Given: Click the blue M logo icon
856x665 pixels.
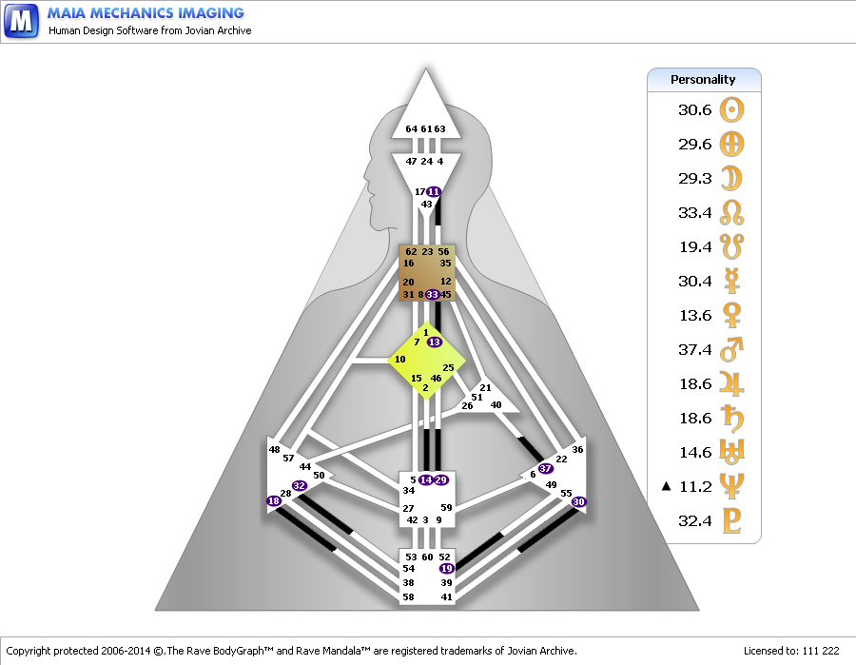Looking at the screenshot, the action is pos(21,21).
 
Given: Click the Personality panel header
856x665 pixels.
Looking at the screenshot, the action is pos(704,80).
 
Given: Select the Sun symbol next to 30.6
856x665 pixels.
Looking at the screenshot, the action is pos(731,109).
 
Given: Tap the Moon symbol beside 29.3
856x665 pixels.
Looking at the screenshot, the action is pos(731,179).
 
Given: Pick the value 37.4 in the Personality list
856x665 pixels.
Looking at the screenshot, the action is pos(695,349).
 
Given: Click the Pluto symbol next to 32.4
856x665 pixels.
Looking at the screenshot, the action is pos(732,520).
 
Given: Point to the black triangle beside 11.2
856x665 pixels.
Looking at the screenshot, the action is pos(666,486).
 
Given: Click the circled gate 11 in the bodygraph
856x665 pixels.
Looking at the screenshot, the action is pos(434,191).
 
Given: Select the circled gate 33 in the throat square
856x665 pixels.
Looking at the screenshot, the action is pos(433,295).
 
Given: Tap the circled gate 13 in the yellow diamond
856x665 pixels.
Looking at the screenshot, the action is pos(435,342).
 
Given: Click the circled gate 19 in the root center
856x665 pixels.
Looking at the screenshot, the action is pos(447,568).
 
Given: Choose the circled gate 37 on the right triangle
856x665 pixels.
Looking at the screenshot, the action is pos(545,468).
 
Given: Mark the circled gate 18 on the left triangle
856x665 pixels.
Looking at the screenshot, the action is pos(274,500).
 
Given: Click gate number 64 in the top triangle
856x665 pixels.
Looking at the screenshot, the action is pos(412,128).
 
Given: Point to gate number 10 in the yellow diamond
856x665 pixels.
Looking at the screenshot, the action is pos(400,360).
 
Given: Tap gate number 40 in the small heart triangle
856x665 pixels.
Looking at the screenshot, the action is pos(496,405).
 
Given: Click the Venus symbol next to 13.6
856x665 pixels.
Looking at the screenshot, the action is pos(731,315).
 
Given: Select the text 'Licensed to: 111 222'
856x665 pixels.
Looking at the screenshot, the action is pos(791,651).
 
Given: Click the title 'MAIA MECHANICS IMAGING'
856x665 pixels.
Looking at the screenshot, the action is pos(146,13).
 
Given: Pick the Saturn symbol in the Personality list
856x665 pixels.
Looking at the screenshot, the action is pos(732,418).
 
